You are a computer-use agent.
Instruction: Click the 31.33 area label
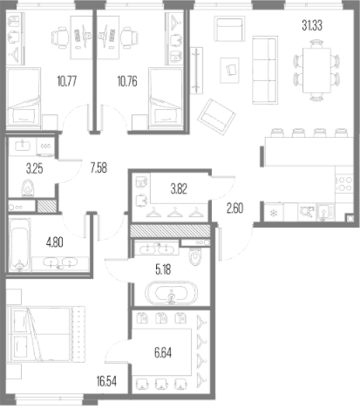point(312,25)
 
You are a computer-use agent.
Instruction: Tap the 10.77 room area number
point(67,81)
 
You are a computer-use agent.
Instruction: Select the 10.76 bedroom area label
point(127,81)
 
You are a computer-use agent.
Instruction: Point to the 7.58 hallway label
point(98,168)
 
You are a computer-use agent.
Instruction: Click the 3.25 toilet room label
point(35,168)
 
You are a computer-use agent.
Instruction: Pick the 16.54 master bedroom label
point(106,381)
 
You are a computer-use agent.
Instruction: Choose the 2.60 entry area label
point(234,208)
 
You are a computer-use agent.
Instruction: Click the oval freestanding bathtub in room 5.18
point(171,293)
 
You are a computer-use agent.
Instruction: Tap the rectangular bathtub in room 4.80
point(19,245)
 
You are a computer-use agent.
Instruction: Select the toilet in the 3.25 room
point(28,188)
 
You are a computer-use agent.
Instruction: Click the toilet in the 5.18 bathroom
point(195,256)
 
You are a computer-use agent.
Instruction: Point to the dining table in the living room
point(316,71)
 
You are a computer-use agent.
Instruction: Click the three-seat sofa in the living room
point(265,70)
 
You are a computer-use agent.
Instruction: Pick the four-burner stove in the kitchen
point(344,184)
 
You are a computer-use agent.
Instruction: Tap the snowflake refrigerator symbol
point(274,214)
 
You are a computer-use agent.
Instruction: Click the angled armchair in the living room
point(216,117)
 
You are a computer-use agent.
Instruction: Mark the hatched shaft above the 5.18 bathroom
point(170,231)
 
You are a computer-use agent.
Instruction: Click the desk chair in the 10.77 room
point(60,37)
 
